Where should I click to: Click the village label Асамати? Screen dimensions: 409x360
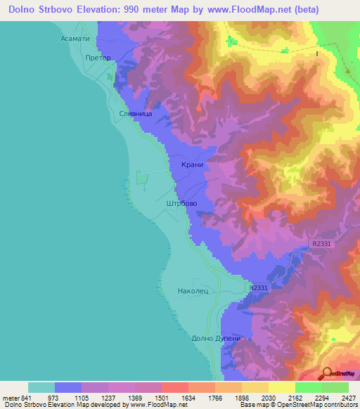tap(75, 40)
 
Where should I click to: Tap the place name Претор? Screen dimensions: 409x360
tap(98, 58)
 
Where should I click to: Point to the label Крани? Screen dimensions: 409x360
tap(191, 164)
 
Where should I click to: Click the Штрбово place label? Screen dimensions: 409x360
tap(181, 203)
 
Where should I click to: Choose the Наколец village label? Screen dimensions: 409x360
tap(193, 290)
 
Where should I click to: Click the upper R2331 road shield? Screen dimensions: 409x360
tap(319, 244)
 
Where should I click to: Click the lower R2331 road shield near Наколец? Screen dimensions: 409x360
tap(259, 288)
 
